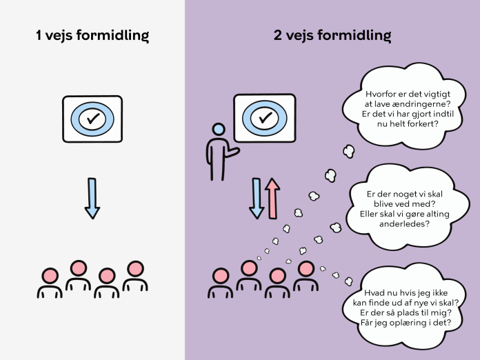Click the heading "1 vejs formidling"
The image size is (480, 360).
[92, 35]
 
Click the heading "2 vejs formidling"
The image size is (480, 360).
[332, 35]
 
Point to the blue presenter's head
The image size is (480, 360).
[219, 130]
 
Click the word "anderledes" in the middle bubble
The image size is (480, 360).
[404, 223]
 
